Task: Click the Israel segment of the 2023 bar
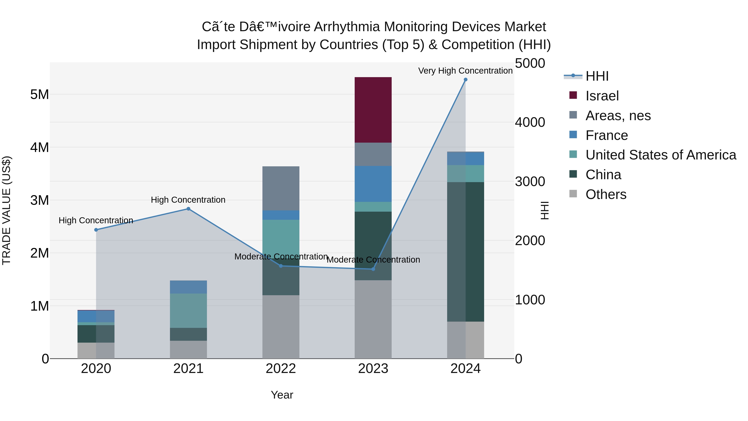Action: click(373, 110)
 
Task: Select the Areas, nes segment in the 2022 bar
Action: click(281, 188)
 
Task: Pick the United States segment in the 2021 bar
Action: click(188, 311)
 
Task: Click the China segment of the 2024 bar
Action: click(465, 252)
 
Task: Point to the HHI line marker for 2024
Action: click(465, 80)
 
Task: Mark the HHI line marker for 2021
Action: click(188, 209)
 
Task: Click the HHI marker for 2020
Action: click(96, 230)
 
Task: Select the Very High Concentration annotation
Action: click(465, 71)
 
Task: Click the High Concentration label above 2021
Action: click(188, 200)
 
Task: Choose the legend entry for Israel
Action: click(602, 96)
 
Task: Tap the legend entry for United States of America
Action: click(661, 155)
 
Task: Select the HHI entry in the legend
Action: click(597, 76)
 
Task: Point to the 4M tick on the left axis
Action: click(40, 148)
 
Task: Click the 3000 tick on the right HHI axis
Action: click(530, 181)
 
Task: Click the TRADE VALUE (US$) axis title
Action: click(6, 210)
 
